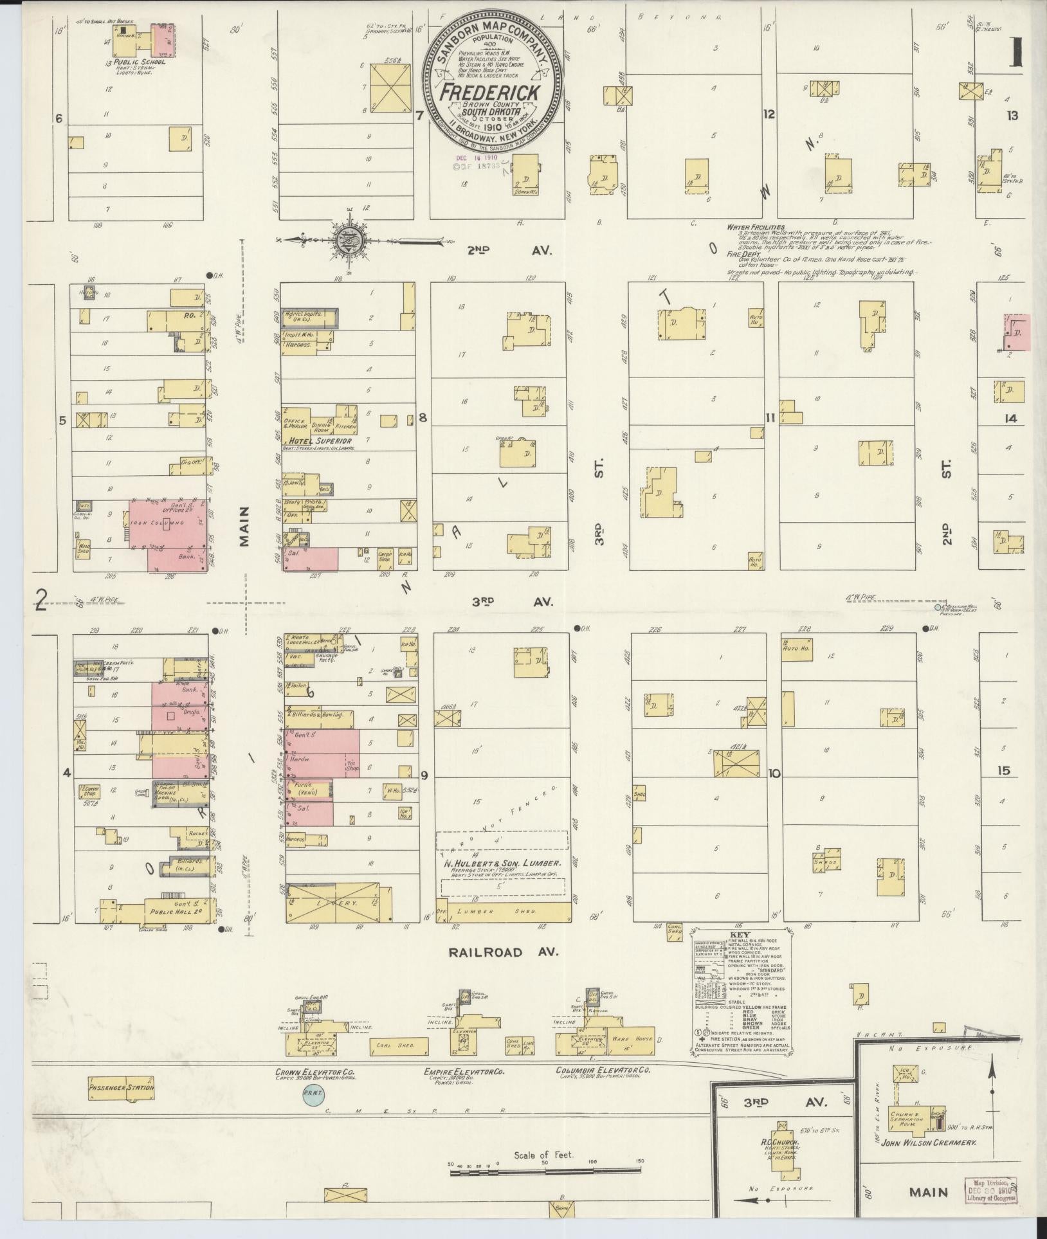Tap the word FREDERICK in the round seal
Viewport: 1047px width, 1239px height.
coord(489,92)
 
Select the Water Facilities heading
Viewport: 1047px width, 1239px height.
coord(756,227)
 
